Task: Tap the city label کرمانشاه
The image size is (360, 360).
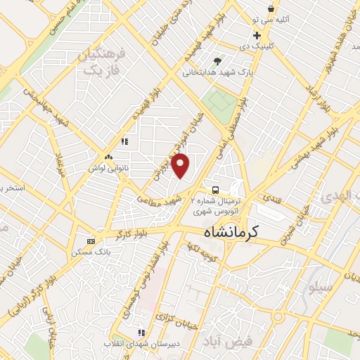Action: pos(231,231)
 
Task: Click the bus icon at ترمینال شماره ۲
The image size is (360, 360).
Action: pos(215,190)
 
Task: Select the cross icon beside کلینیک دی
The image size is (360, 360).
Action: pos(257,35)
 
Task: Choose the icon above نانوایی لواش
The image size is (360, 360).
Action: pos(109,157)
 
